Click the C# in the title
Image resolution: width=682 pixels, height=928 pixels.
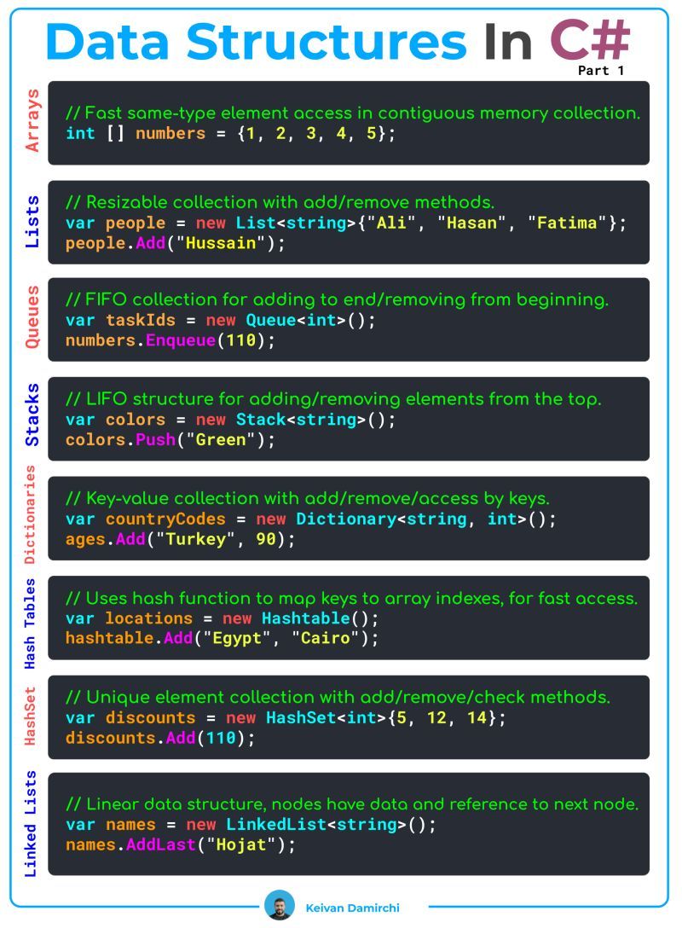pyautogui.click(x=590, y=40)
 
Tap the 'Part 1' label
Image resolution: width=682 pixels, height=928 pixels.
pyautogui.click(x=600, y=71)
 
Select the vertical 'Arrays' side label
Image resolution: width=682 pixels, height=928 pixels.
pyautogui.click(x=32, y=120)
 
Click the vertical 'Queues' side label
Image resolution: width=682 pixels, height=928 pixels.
pyautogui.click(x=32, y=317)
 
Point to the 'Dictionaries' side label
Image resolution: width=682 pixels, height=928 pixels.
pyautogui.click(x=30, y=514)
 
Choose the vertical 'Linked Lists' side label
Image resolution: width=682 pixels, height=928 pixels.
pyautogui.click(x=30, y=823)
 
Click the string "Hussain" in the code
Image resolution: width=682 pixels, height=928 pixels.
pyautogui.click(x=221, y=243)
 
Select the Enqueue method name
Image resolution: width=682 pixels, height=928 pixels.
pyautogui.click(x=181, y=340)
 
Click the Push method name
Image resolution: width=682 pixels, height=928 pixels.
pyautogui.click(x=155, y=440)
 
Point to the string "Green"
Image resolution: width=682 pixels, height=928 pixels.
pyautogui.click(x=221, y=440)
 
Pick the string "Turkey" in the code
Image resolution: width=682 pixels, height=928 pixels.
pyautogui.click(x=196, y=539)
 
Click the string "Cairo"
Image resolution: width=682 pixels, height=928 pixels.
pyautogui.click(x=326, y=638)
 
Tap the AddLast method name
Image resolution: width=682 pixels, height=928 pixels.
pyautogui.click(x=161, y=844)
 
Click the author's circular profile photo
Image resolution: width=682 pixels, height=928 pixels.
pyautogui.click(x=279, y=905)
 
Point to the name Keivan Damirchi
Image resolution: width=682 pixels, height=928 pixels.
pyautogui.click(x=353, y=908)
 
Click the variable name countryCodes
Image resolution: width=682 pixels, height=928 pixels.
pyautogui.click(x=165, y=519)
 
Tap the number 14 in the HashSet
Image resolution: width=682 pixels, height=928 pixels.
pyautogui.click(x=477, y=718)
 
